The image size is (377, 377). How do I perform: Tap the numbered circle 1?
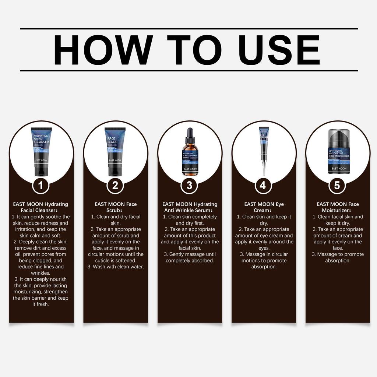point(41,186)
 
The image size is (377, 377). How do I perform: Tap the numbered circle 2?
point(115,186)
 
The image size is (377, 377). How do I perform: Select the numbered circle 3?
point(189,186)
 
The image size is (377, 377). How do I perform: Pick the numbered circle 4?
point(263,186)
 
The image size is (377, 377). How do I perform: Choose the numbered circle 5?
point(337,186)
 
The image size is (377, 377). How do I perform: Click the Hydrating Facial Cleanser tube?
point(41,151)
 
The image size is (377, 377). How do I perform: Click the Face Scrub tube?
point(115,151)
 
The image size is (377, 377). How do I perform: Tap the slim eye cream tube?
point(264,144)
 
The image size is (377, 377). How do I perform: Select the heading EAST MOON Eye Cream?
point(264,207)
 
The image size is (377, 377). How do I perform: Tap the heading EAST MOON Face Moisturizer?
point(338,207)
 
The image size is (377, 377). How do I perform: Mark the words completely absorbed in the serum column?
point(190,260)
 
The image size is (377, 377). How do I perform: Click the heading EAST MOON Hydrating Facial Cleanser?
point(40,207)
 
